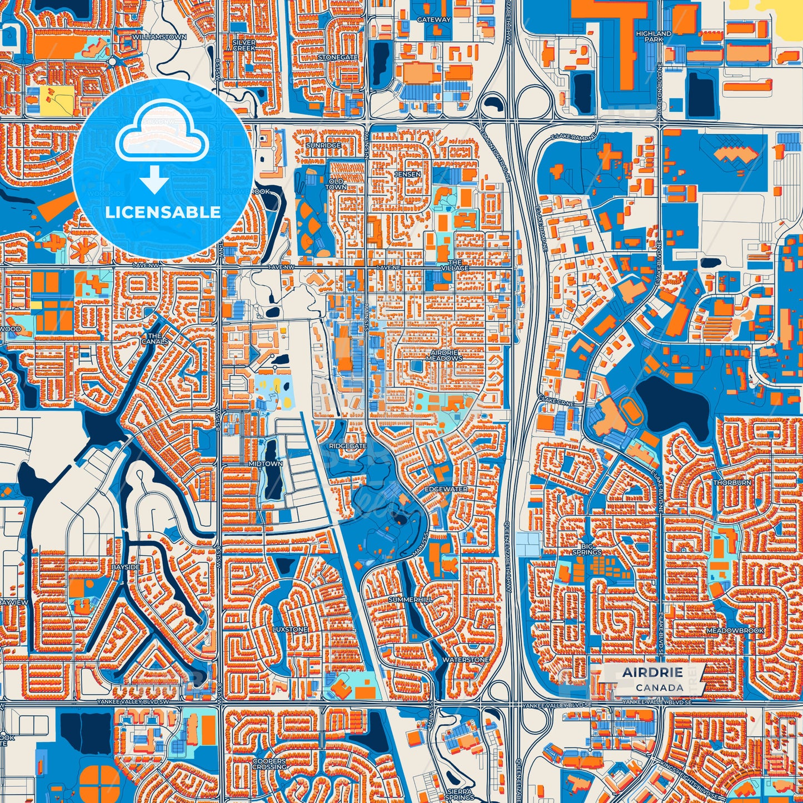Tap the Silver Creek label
(244, 45)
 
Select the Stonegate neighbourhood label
(337, 57)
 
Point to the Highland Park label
(654, 37)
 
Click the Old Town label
(337, 184)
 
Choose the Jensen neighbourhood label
(407, 174)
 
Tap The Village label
(455, 265)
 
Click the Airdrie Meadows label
(444, 356)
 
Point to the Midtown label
(266, 463)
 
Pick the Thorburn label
(732, 483)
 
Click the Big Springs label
(587, 549)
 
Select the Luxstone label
(290, 630)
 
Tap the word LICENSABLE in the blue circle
(163, 212)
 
